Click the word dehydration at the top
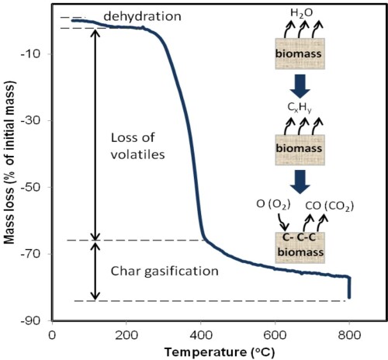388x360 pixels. click(142, 16)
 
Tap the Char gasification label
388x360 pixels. click(165, 272)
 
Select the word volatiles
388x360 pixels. click(138, 154)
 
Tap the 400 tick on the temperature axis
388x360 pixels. click(200, 335)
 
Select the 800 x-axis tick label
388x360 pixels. click(349, 335)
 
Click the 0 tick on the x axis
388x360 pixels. click(52, 335)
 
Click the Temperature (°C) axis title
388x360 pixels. click(220, 352)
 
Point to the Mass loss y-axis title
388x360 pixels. click(9, 162)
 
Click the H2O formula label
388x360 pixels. click(302, 13)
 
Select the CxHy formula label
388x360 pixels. click(300, 108)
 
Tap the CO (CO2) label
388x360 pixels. click(330, 206)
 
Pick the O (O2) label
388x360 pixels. click(273, 204)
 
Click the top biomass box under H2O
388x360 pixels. click(300, 54)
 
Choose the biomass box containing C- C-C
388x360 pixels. click(300, 247)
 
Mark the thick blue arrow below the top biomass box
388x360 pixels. click(300, 86)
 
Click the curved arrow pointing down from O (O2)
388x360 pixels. click(283, 223)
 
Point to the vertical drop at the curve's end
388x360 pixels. click(349, 288)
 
